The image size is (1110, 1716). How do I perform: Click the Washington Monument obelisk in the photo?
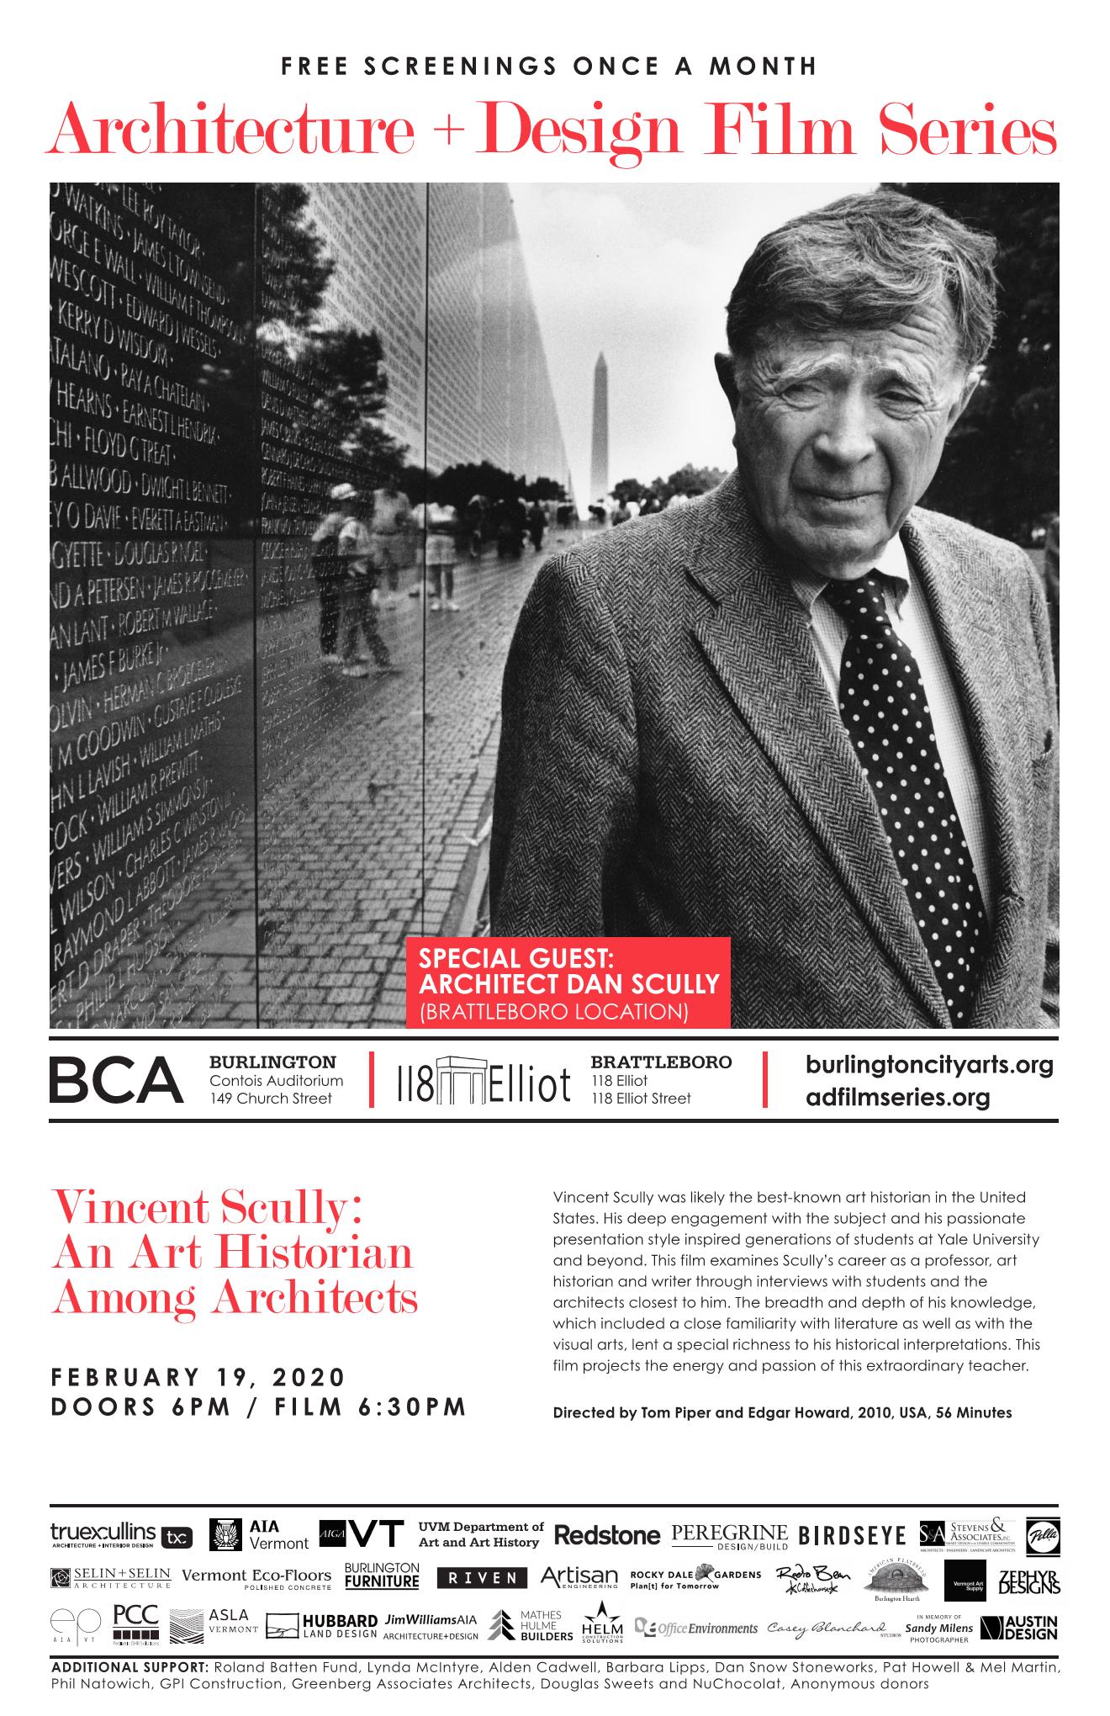tap(600, 421)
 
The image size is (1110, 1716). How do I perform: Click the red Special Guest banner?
tap(569, 982)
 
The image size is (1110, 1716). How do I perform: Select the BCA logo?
tap(116, 1080)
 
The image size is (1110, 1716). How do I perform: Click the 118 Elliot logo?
tap(482, 1082)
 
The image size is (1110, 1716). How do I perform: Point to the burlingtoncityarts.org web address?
tap(928, 1065)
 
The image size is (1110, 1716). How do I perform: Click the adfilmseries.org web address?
tap(897, 1097)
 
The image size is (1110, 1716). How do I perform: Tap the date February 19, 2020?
tap(198, 1377)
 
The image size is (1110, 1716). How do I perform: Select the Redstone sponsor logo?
tap(607, 1535)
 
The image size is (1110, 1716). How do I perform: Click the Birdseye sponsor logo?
tap(853, 1536)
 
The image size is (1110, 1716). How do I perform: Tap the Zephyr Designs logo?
tap(1028, 1581)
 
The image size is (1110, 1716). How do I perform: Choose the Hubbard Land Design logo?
tap(321, 1626)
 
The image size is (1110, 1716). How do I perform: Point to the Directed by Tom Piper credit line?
tap(782, 1413)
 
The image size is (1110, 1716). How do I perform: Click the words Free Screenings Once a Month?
tap(549, 66)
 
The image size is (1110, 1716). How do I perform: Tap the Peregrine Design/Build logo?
tap(729, 1536)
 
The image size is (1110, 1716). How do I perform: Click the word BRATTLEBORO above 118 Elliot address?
tap(661, 1062)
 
